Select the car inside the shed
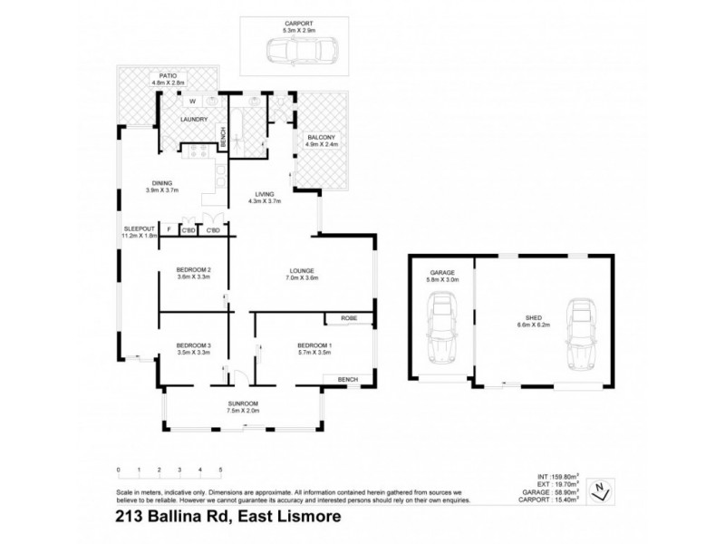click(577, 335)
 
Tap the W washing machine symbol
click(192, 101)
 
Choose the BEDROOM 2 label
click(194, 270)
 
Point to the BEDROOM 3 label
click(193, 345)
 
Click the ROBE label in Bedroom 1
click(347, 319)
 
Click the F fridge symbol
click(169, 230)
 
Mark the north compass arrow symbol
click(600, 491)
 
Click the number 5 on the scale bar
click(220, 470)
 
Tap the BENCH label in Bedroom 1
click(347, 379)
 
